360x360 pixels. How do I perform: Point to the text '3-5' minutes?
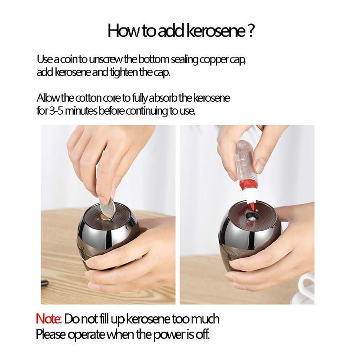55,111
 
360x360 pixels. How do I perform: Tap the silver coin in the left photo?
107,209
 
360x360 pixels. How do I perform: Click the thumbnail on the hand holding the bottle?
260,164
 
